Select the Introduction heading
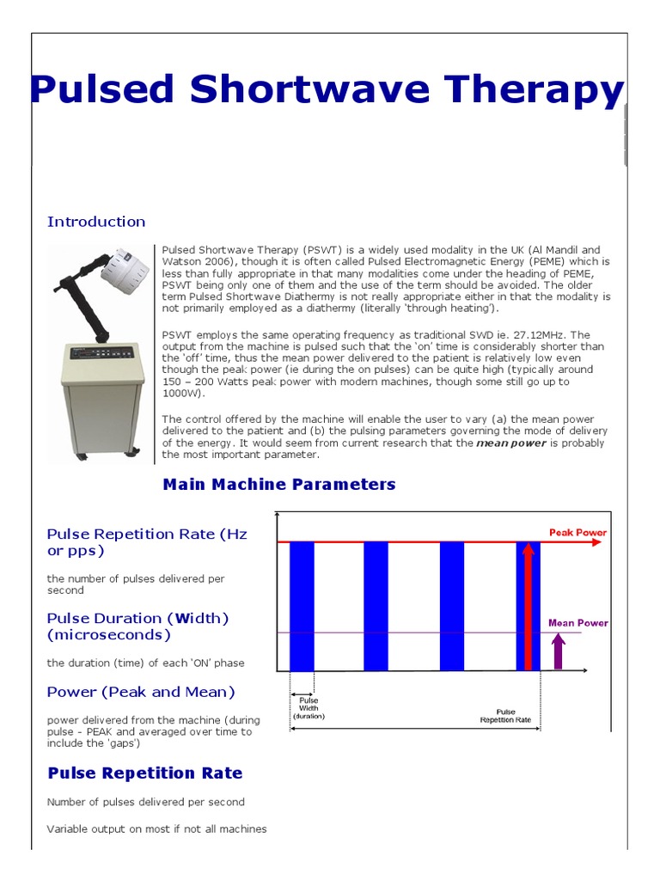[x=96, y=222]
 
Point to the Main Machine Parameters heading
[x=279, y=485]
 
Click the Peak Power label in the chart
[x=577, y=533]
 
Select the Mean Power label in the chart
[x=577, y=623]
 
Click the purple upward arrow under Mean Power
[x=559, y=651]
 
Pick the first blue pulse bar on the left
[x=302, y=606]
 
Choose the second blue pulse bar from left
[x=376, y=606]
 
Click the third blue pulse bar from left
[x=452, y=606]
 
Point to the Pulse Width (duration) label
[x=309, y=708]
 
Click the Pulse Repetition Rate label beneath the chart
[x=505, y=716]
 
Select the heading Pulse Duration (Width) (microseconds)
[x=137, y=626]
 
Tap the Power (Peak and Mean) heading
[x=141, y=692]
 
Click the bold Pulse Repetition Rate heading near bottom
[x=145, y=773]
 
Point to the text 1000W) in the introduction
[x=183, y=393]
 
